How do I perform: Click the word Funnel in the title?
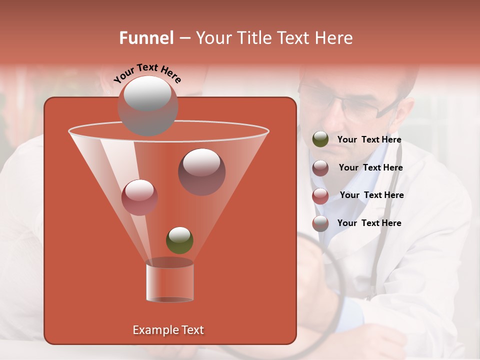[x=146, y=38]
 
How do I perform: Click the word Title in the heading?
[x=252, y=38]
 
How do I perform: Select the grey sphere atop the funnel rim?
[x=147, y=105]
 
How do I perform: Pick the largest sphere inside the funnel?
[x=201, y=171]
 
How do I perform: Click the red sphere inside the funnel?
[x=139, y=197]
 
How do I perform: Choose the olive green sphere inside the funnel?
[x=179, y=240]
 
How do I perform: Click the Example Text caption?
[x=168, y=330]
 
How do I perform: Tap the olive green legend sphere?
[x=320, y=139]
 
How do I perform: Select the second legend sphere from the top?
[x=320, y=167]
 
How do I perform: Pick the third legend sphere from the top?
[x=320, y=195]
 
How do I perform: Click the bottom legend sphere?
[x=320, y=223]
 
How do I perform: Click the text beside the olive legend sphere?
[x=369, y=140]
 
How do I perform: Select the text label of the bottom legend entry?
[x=369, y=223]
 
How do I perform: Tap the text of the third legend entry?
[x=371, y=195]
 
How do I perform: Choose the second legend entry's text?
[x=370, y=167]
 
